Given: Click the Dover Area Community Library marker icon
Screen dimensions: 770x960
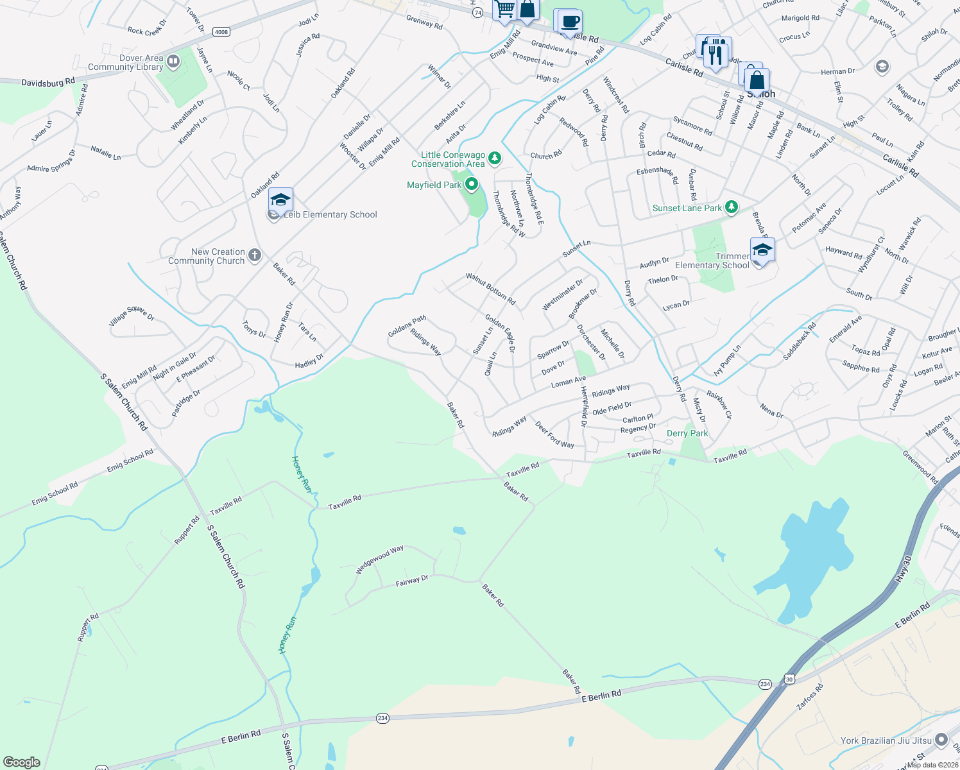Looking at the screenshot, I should (173, 62).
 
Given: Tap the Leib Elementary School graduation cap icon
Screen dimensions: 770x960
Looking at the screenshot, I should (280, 200).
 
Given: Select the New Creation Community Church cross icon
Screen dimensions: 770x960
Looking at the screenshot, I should (255, 255).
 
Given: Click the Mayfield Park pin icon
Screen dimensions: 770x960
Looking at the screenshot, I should (472, 185).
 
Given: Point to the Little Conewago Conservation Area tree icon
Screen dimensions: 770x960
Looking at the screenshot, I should (494, 158).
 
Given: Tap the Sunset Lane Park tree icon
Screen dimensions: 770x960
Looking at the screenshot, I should (731, 207).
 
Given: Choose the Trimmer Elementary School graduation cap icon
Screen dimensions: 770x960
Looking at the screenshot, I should (762, 250).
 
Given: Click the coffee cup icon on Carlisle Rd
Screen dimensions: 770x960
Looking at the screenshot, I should (569, 22).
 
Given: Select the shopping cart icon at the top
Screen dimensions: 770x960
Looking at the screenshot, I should (505, 10).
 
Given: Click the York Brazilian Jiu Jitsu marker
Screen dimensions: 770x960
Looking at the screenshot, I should (941, 740).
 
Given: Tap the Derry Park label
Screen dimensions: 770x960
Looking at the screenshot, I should (687, 433).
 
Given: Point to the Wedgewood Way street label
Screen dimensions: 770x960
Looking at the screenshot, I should (380, 559).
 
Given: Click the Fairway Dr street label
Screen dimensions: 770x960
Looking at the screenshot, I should (412, 581).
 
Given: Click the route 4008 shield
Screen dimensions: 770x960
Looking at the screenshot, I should (221, 31).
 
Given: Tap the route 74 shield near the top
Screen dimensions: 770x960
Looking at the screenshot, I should (477, 13).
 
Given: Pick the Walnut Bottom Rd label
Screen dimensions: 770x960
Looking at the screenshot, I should (490, 289).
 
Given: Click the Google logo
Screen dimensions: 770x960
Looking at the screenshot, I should (22, 762).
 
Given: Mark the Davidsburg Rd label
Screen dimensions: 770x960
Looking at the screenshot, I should (47, 83).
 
